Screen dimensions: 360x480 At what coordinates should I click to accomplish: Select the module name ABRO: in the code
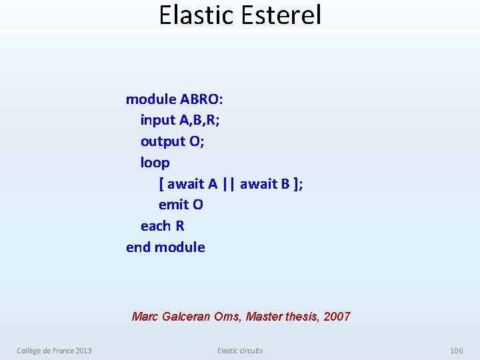pos(202,99)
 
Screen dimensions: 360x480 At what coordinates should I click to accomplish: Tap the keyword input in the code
pos(158,121)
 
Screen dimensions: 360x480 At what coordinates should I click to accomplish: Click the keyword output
pos(162,141)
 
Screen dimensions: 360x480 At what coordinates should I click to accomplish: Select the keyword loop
pos(155,163)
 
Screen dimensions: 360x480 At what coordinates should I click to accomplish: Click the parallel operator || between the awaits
pos(229,183)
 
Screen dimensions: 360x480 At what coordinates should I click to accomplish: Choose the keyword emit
pos(173,205)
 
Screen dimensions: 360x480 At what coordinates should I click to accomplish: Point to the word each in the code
pos(156,226)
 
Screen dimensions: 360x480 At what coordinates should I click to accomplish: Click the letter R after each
pos(180,226)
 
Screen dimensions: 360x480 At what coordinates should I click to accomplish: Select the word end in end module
pos(138,247)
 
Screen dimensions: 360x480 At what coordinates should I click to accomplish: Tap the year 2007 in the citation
pos(337,317)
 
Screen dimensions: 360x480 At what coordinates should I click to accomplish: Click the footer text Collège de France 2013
pos(54,351)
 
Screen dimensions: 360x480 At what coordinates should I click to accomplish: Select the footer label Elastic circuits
pos(240,351)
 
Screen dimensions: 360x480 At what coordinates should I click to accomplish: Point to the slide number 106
pos(456,351)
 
